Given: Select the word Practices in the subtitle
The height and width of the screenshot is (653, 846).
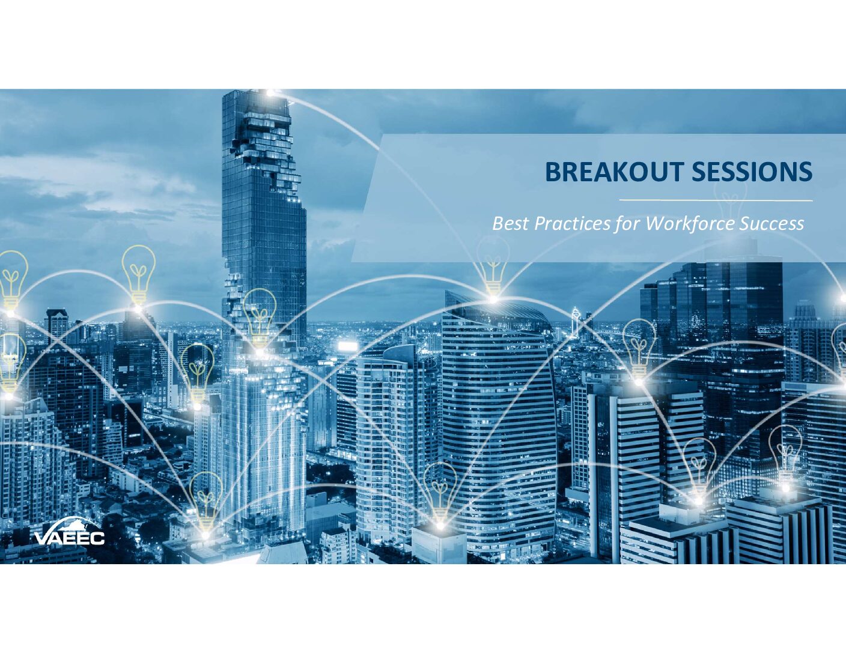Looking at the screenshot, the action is click(x=572, y=224).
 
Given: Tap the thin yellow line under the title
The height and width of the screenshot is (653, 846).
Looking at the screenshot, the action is click(x=716, y=200).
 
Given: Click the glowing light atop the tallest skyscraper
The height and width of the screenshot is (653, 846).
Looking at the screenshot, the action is click(x=269, y=93).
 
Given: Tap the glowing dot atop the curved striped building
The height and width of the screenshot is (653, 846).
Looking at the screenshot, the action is click(x=493, y=299).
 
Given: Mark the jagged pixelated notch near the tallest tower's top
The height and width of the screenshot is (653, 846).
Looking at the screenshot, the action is click(x=269, y=155).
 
